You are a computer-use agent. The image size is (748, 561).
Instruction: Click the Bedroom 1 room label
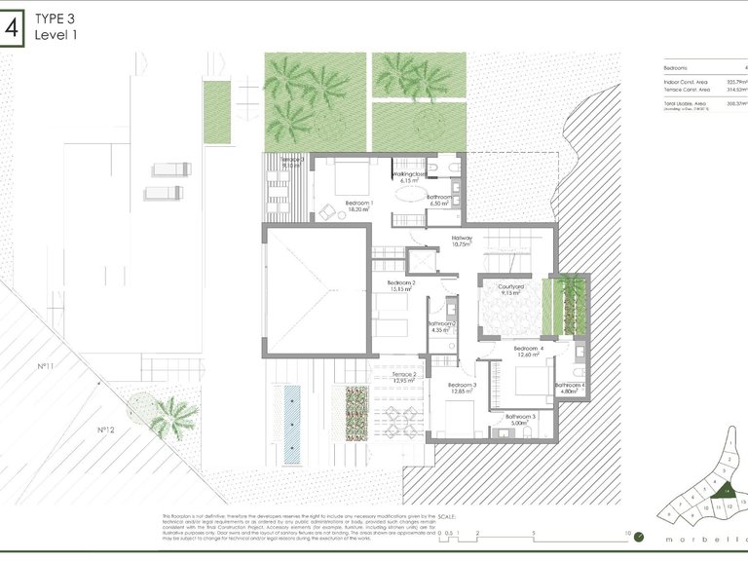click(359, 204)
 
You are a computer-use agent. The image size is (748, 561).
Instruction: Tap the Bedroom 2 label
click(401, 283)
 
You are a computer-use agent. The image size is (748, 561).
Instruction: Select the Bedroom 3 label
click(462, 386)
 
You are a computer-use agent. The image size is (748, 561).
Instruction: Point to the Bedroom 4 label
click(527, 349)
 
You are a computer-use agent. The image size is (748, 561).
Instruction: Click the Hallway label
click(462, 238)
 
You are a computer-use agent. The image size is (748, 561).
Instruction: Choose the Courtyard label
click(511, 287)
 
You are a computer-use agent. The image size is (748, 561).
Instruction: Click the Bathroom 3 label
click(520, 417)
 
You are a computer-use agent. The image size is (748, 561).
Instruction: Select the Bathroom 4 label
click(571, 386)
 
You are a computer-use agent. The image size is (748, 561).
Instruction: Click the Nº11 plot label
click(44, 366)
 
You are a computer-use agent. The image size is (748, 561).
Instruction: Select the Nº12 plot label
click(106, 430)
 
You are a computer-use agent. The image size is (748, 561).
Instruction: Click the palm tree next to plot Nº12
click(173, 416)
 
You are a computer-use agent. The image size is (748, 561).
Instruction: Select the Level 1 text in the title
click(56, 35)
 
